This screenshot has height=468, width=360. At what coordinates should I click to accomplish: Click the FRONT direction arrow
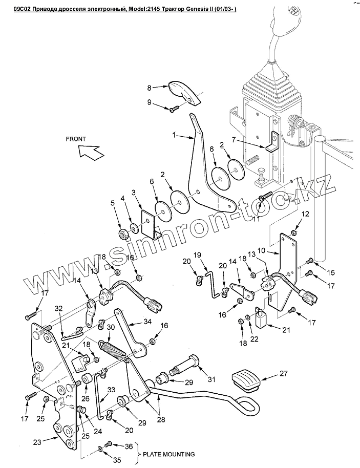[90, 152]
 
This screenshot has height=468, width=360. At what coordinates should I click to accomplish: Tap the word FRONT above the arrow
[76, 139]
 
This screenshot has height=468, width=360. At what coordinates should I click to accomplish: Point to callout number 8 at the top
[150, 87]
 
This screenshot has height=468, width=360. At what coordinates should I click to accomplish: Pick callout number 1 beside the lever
[175, 136]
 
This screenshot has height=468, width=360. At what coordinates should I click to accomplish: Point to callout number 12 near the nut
[306, 213]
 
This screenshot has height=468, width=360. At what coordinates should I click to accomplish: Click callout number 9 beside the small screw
[150, 102]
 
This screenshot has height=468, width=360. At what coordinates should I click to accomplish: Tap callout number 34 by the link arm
[148, 322]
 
